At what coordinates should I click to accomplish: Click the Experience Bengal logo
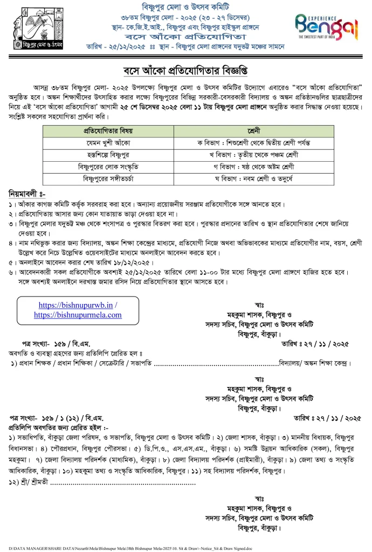pyautogui.click(x=327, y=26)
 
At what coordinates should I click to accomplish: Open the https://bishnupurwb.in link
pyautogui.click(x=77, y=305)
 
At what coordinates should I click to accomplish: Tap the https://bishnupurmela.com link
pyautogui.click(x=78, y=314)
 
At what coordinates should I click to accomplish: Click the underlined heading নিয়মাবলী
pyautogui.click(x=26, y=194)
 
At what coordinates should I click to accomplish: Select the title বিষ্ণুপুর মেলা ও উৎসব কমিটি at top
pyautogui.click(x=185, y=7)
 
